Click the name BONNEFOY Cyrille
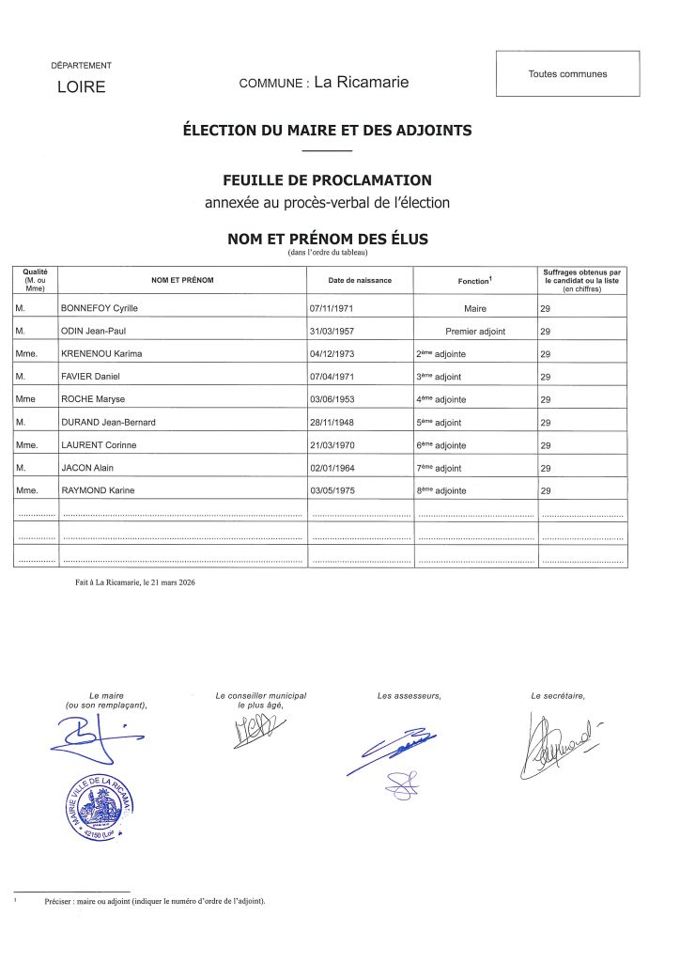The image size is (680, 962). click(100, 307)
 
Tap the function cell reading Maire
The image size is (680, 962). click(475, 307)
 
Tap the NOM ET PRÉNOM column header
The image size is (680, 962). click(182, 280)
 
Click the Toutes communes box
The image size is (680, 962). click(567, 74)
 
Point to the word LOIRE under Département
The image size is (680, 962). click(82, 88)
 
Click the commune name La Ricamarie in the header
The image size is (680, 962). click(362, 83)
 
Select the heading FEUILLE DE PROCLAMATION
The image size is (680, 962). click(327, 180)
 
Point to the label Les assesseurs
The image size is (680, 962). click(409, 696)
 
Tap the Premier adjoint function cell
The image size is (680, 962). click(476, 331)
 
